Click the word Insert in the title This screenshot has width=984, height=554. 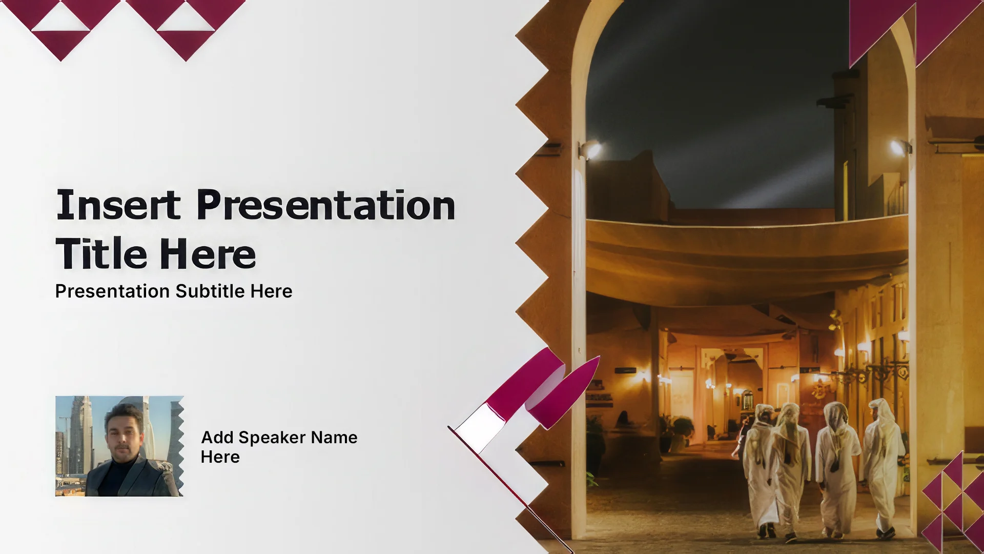(118, 205)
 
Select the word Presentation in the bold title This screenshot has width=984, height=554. (326, 205)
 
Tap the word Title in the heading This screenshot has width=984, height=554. (101, 253)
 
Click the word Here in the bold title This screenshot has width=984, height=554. (208, 253)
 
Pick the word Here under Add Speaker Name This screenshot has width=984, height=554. (220, 457)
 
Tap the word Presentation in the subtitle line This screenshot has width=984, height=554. (112, 291)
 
